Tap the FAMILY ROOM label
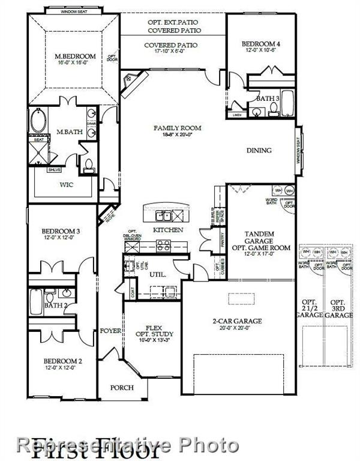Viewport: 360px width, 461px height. [177, 128]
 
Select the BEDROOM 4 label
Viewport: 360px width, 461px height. [261, 44]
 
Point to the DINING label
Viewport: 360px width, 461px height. [259, 151]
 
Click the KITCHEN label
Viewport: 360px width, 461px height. [168, 230]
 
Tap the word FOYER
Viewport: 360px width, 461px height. [110, 330]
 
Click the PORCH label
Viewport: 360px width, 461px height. [122, 388]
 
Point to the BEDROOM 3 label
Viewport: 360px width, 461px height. [61, 231]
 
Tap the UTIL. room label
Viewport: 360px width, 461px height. [158, 274]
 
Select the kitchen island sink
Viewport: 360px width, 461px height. [163, 215]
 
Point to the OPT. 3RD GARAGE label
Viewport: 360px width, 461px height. [340, 308]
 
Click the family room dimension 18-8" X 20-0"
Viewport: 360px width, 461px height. [177, 135]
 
